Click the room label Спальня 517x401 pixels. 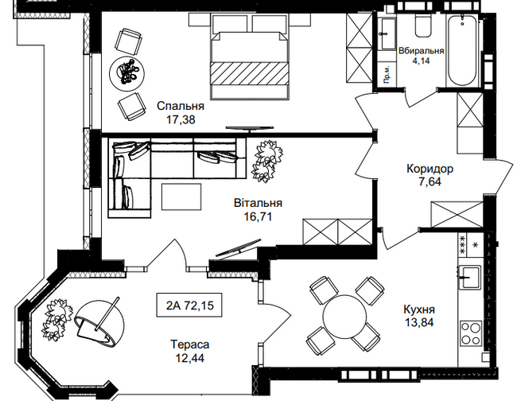[181, 106]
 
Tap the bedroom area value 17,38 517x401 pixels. [181, 120]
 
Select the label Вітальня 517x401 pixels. [259, 203]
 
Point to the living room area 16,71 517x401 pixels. [259, 216]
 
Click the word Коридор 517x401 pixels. [430, 169]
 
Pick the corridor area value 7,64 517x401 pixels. [430, 182]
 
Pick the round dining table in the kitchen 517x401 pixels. [347, 316]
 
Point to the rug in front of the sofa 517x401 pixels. [181, 196]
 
